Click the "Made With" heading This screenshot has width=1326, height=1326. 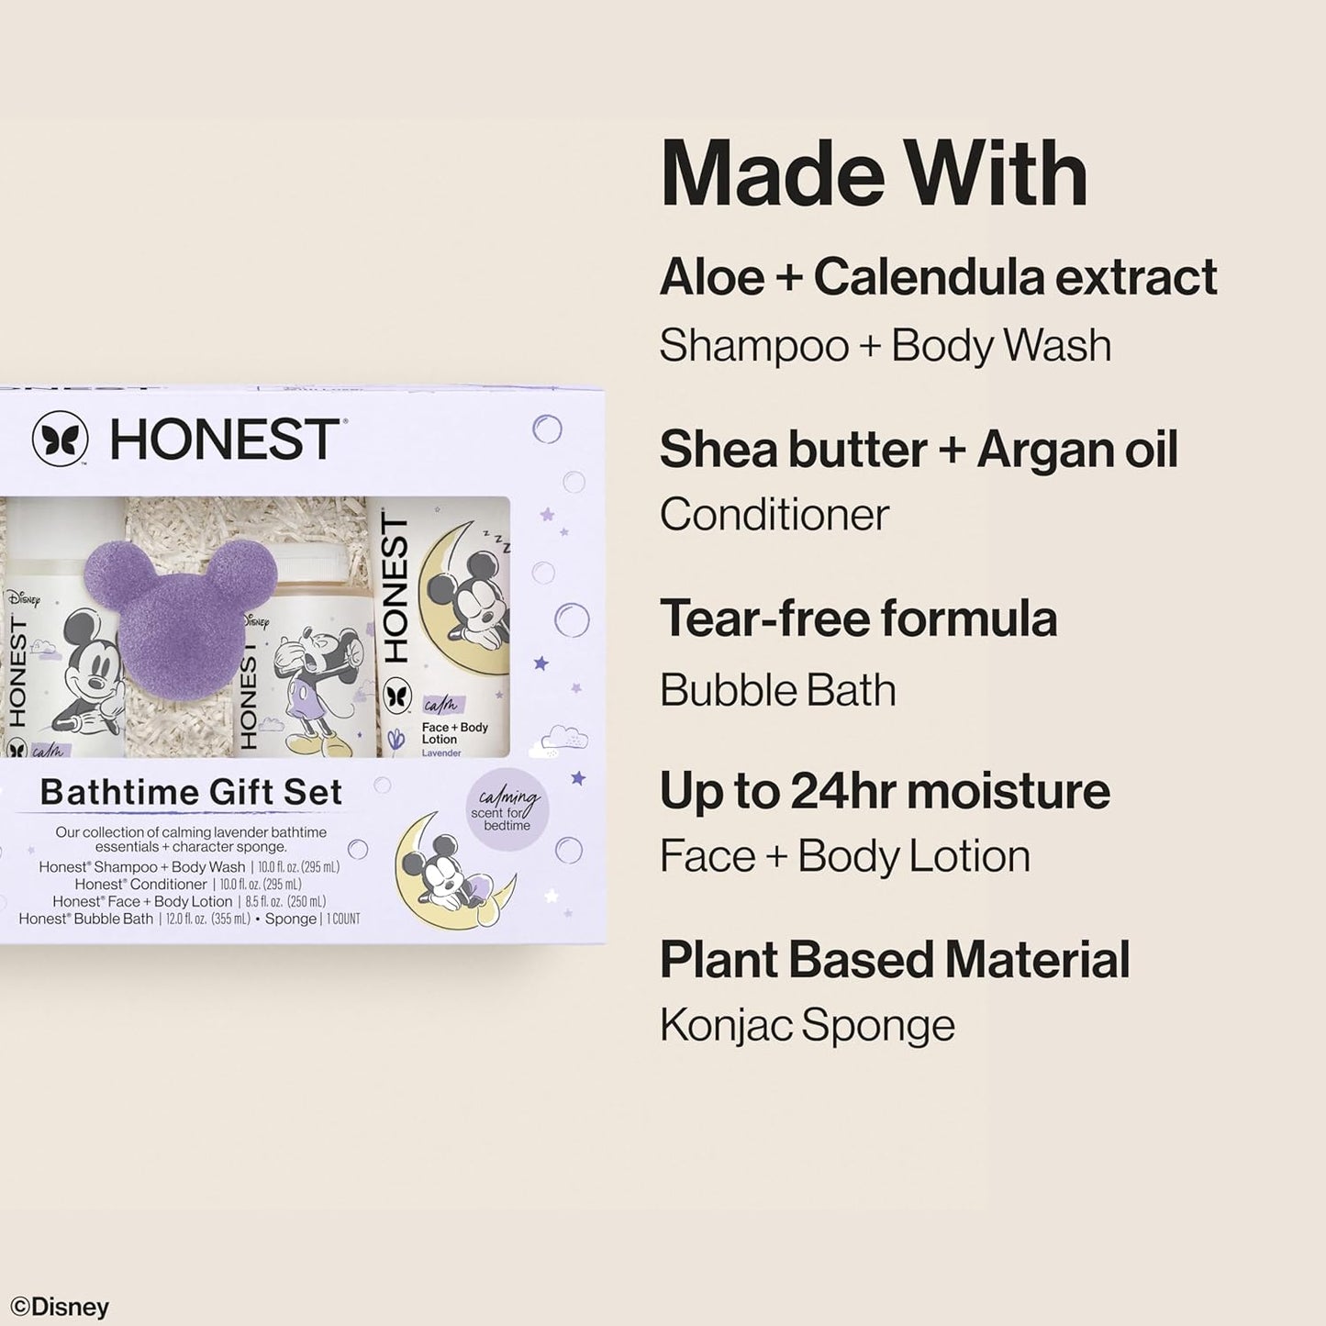[x=873, y=174]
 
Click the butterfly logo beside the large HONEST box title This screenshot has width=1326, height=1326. [x=61, y=439]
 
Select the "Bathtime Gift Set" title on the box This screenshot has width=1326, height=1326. [x=191, y=792]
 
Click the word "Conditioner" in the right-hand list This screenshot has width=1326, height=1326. [x=774, y=515]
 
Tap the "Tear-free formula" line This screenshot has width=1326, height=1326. [x=858, y=618]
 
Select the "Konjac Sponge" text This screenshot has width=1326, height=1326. [x=807, y=1025]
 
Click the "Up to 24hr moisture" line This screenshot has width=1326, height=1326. [x=884, y=791]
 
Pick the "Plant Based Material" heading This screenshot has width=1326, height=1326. [x=894, y=960]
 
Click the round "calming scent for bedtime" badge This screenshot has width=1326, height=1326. [x=507, y=809]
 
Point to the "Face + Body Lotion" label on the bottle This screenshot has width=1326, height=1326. [x=454, y=733]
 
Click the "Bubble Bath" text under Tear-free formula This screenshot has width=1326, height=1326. [x=777, y=690]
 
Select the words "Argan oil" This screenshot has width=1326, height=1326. [x=1076, y=450]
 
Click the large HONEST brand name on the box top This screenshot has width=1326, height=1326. [x=224, y=440]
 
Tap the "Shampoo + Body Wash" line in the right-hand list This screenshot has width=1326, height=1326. [x=885, y=346]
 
